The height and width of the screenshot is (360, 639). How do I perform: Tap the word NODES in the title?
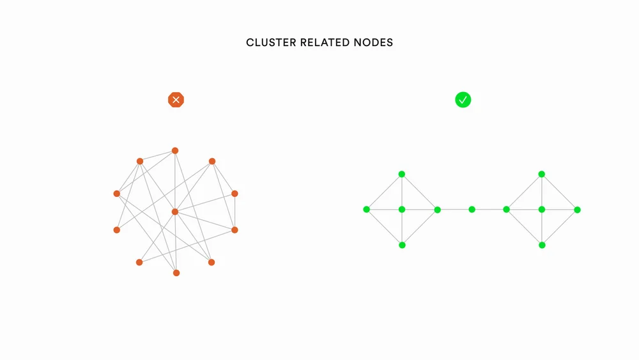coord(373,43)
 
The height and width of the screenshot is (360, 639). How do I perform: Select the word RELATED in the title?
coord(324,43)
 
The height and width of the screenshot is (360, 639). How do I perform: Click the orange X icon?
coord(176,100)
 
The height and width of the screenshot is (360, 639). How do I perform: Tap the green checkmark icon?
coord(463,100)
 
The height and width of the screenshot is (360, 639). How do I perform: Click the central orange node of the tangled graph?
coord(174,212)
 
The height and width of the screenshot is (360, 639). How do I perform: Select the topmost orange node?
coord(174,151)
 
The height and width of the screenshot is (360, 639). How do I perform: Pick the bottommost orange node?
coord(176,273)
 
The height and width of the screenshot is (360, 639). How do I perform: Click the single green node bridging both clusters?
coord(472,209)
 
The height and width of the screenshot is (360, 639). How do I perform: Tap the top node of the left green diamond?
coord(402,174)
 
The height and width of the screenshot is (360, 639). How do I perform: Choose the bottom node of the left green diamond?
coord(402,245)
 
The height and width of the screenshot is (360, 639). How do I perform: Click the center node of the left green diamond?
coord(402,209)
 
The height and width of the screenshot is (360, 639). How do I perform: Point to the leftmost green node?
coord(367,209)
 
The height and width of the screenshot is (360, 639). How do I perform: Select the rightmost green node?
coord(577,209)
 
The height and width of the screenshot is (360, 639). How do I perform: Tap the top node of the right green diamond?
coord(542,174)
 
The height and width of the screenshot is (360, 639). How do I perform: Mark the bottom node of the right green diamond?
coord(542,245)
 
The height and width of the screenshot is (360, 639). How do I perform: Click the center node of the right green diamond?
coord(542,209)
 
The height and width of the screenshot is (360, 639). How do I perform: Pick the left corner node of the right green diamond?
coord(507,209)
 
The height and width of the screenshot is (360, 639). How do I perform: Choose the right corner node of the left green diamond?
coord(437,209)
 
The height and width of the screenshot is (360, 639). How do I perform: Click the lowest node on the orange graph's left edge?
coord(116,230)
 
